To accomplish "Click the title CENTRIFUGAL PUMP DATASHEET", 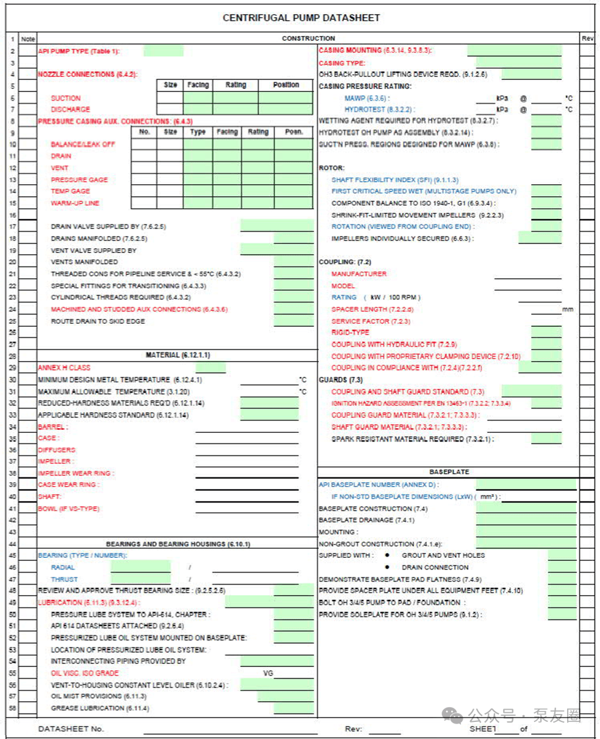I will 301,18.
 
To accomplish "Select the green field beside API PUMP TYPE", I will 163,51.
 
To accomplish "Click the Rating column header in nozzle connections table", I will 235,85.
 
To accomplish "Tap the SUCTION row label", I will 66,98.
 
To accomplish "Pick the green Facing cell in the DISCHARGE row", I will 198,110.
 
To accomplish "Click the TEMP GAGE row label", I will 70,191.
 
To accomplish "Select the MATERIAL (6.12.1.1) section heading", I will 177,355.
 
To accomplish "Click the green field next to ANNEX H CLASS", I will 210,368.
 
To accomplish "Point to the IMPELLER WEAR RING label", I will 76,473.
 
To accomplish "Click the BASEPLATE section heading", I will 449,472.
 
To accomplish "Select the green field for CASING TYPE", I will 518,63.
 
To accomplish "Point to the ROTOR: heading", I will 332,168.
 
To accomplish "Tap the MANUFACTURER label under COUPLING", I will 359,274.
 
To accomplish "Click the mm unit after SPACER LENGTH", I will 568,310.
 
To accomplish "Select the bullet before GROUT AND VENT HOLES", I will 387,555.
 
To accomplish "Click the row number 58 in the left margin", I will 12,709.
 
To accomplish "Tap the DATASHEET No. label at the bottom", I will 71,729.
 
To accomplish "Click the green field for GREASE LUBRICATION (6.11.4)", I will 293,709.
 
